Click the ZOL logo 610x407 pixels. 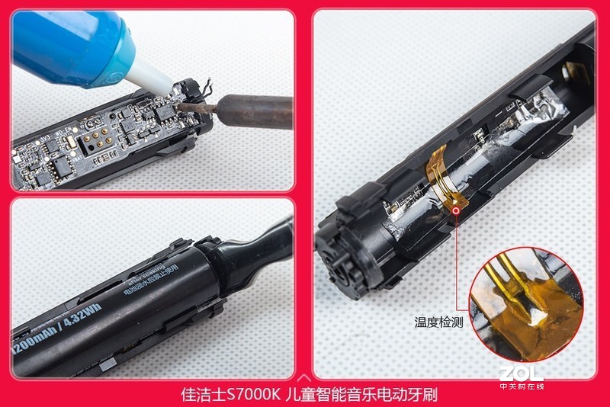point(522,373)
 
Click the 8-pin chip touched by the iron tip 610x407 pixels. point(162,111)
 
